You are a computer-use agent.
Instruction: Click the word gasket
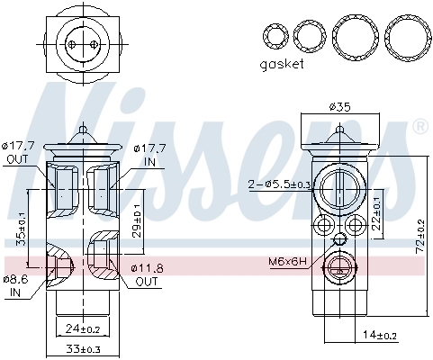click(282, 64)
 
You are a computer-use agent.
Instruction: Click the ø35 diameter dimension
click(339, 106)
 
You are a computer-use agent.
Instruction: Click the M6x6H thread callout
click(287, 262)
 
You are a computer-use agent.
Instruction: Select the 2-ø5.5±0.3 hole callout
click(280, 184)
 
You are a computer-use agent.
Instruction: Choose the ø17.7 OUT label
click(18, 152)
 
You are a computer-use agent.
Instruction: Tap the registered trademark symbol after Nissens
click(420, 128)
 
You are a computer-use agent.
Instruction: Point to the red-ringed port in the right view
click(339, 266)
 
